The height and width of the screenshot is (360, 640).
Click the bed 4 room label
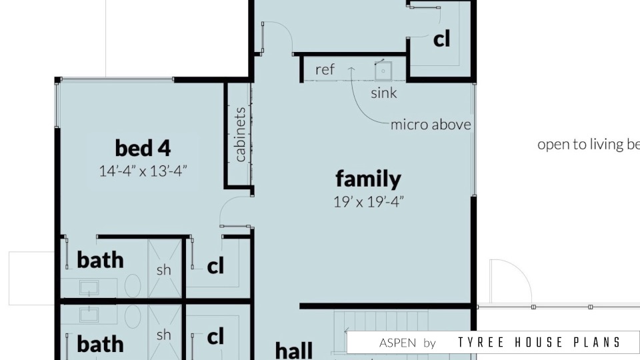pyautogui.click(x=143, y=148)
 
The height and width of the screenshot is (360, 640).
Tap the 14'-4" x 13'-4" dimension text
pyautogui.click(x=143, y=171)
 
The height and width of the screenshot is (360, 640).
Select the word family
pyautogui.click(x=368, y=179)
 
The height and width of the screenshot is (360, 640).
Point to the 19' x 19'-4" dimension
pyautogui.click(x=368, y=201)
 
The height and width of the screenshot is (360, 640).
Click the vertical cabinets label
pyautogui.click(x=240, y=135)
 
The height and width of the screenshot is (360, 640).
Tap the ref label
pyautogui.click(x=325, y=70)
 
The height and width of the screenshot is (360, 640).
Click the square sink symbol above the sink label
pyautogui.click(x=383, y=71)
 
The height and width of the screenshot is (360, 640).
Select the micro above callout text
pyautogui.click(x=431, y=125)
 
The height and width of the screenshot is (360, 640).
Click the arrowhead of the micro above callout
pyautogui.click(x=351, y=69)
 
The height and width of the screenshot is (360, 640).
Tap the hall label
pyautogui.click(x=294, y=350)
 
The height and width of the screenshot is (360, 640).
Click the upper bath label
pyautogui.click(x=100, y=260)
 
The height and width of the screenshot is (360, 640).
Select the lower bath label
pyautogui.click(x=100, y=344)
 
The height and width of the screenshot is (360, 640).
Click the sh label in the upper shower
pyautogui.click(x=164, y=270)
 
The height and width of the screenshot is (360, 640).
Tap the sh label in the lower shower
pyautogui.click(x=164, y=335)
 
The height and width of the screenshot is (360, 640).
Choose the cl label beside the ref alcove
pyautogui.click(x=441, y=39)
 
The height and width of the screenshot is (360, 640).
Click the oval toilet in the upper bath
pyautogui.click(x=133, y=286)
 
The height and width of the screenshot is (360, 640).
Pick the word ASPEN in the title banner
pyautogui.click(x=397, y=343)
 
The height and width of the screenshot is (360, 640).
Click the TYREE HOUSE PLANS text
pyautogui.click(x=539, y=343)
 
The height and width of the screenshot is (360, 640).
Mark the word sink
pyautogui.click(x=384, y=93)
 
